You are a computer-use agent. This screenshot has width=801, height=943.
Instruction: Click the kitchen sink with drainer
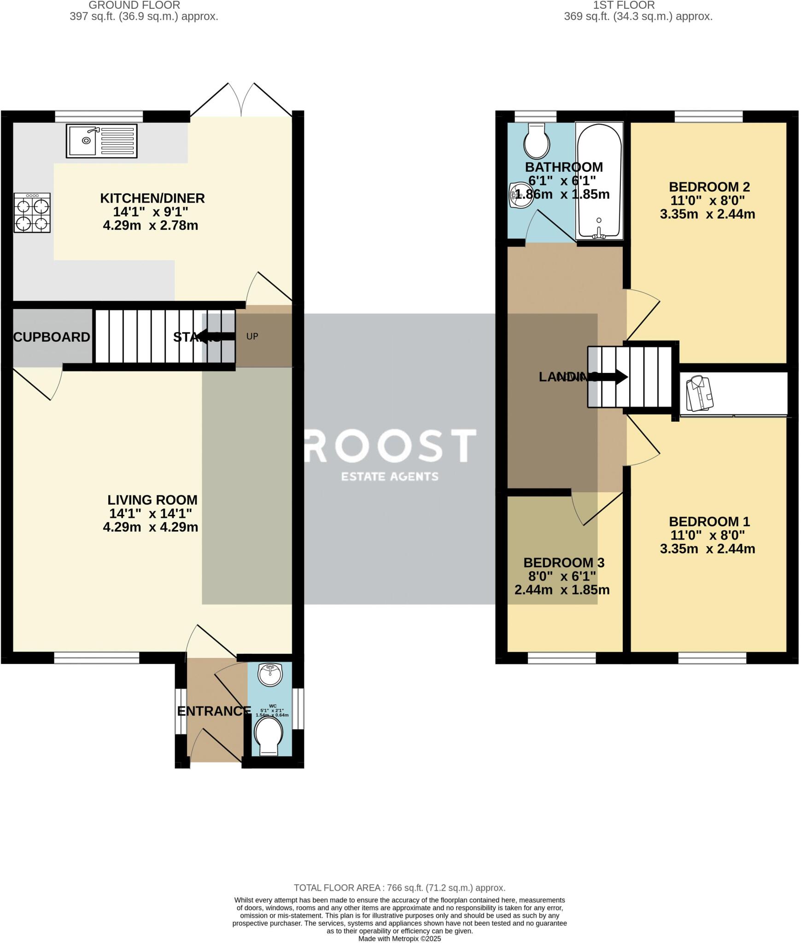pyautogui.click(x=102, y=141)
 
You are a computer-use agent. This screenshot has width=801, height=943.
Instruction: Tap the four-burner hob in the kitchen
pyautogui.click(x=32, y=213)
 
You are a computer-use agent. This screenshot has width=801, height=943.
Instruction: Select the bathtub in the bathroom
pyautogui.click(x=599, y=181)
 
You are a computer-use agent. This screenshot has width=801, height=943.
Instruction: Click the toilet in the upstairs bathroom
pyautogui.click(x=537, y=141)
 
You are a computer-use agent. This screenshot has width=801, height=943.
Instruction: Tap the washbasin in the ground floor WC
pyautogui.click(x=270, y=675)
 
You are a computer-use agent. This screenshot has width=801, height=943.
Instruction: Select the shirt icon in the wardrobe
pyautogui.click(x=699, y=393)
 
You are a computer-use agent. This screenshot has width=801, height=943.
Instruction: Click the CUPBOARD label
pyautogui.click(x=52, y=337)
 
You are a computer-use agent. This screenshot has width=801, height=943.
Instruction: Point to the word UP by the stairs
pyautogui.click(x=252, y=337)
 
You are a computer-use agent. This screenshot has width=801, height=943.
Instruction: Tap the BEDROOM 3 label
pyautogui.click(x=564, y=563)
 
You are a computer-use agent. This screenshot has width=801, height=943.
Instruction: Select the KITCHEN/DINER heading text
pyautogui.click(x=152, y=198)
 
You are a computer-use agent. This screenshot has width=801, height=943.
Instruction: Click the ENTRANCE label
pyautogui.click(x=214, y=711)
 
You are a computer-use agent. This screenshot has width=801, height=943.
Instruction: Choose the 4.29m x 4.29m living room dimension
pyautogui.click(x=151, y=527)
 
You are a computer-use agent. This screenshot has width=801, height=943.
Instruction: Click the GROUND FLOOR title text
pyautogui.click(x=134, y=6)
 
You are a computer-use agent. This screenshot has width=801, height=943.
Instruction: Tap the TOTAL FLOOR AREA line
pyautogui.click(x=399, y=888)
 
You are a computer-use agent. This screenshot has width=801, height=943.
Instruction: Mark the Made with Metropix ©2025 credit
pyautogui.click(x=399, y=938)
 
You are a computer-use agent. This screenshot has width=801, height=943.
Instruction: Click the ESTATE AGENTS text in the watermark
pyautogui.click(x=390, y=477)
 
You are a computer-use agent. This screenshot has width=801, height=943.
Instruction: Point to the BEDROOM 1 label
pyautogui.click(x=709, y=522)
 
